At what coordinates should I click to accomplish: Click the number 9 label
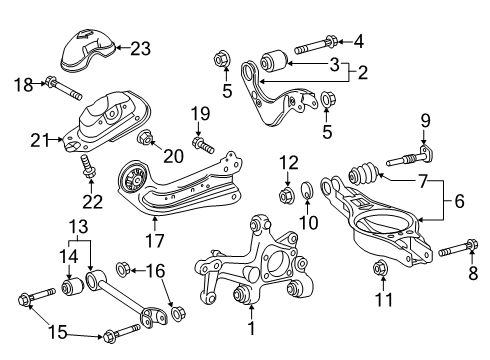click(425, 123)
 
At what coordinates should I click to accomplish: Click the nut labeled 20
click(147, 138)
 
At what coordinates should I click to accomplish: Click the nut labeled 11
click(380, 267)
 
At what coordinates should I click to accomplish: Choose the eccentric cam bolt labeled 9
click(412, 155)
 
